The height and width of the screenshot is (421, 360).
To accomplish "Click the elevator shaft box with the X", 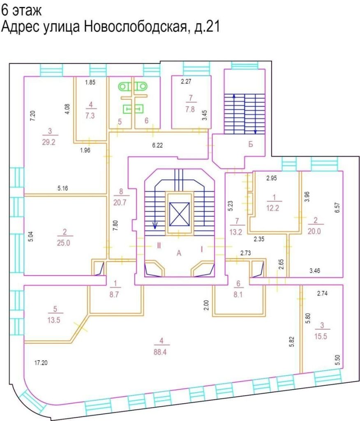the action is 179,214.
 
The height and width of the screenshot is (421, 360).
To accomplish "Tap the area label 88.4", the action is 160,352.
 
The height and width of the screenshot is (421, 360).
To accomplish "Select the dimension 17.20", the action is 41,363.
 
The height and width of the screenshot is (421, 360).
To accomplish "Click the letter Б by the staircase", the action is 250,144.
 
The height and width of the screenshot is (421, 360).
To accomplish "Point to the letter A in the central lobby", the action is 179,253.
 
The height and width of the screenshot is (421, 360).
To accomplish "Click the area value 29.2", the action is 48,142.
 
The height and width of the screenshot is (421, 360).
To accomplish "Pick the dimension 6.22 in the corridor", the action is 157,145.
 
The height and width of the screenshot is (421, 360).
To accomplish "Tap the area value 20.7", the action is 120,202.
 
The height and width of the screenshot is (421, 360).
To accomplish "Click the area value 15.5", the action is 321,336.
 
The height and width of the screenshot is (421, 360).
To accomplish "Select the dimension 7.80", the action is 115,226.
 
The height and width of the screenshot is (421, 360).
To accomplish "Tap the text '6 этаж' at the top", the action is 21,11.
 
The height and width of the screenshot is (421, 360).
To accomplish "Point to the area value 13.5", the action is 54,320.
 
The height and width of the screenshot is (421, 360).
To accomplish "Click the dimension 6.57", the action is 337,208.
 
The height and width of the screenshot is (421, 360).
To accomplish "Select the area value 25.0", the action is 63,243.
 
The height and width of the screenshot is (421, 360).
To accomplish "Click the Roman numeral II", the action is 159,245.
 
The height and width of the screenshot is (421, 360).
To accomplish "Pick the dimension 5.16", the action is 62,188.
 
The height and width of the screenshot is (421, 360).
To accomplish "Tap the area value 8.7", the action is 114,294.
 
